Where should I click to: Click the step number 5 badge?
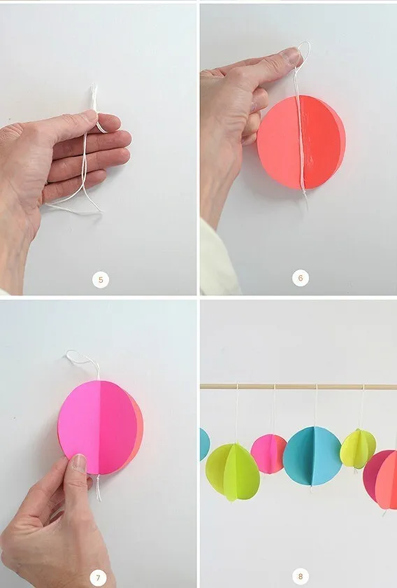pos(101,280)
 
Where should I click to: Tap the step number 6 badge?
pos(301,278)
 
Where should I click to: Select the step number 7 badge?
pos(98,578)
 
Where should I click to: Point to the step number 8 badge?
pos(301,576)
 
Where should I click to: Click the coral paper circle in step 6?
pos(301,142)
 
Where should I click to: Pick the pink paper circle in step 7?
pos(100,428)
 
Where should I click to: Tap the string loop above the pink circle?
pos(82,360)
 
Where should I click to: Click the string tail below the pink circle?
pos(98,487)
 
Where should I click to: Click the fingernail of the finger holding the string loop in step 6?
pos(291,55)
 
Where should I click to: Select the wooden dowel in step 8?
pos(298,386)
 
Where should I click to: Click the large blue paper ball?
pos(312,456)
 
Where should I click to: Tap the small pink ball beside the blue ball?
pos(269,454)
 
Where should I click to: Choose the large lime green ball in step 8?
pos(233,471)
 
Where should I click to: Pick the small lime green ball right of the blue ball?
pos(358,449)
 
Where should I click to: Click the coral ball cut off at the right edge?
pos(381,479)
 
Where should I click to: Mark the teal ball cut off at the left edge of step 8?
pos(205,444)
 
